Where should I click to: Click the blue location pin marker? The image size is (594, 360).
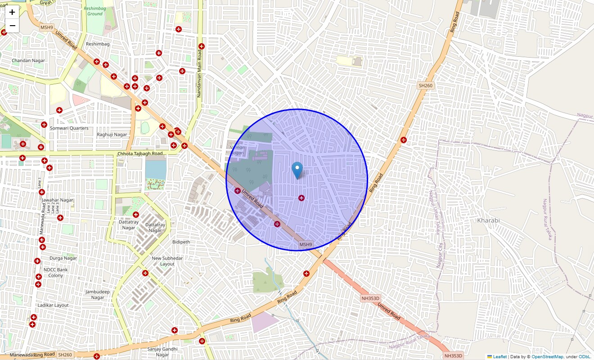(297, 170)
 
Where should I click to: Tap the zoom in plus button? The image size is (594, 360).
(12, 12)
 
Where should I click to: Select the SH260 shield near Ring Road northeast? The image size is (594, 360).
(425, 85)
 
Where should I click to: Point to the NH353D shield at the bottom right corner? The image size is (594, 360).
(453, 355)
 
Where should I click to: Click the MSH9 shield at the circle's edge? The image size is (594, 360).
(306, 244)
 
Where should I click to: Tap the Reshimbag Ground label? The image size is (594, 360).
(94, 11)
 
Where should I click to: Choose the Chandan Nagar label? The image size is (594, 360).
(28, 60)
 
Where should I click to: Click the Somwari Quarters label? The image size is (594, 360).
(69, 128)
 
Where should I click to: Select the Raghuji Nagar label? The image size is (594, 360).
(112, 135)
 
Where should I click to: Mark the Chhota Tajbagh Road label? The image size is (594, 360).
(140, 153)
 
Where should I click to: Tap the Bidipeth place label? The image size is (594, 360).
(181, 242)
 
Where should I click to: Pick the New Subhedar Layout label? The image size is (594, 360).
(167, 261)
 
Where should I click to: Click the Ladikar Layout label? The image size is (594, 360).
(53, 305)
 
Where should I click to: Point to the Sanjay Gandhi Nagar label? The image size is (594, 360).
(162, 352)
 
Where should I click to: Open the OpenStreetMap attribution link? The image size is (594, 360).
(547, 357)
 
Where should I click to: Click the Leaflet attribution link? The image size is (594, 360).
(499, 357)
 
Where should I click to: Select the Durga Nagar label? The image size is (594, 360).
(63, 258)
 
